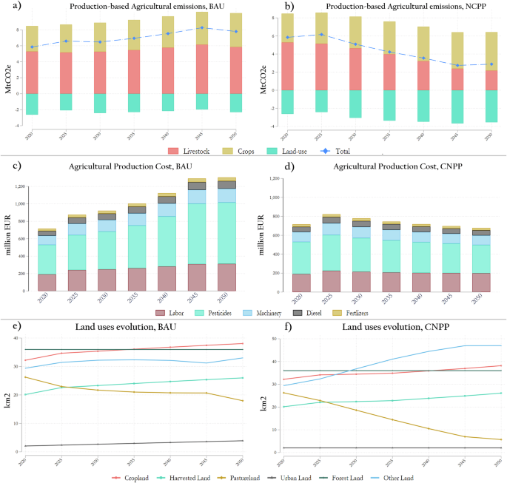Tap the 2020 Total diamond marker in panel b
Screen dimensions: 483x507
click(288, 37)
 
